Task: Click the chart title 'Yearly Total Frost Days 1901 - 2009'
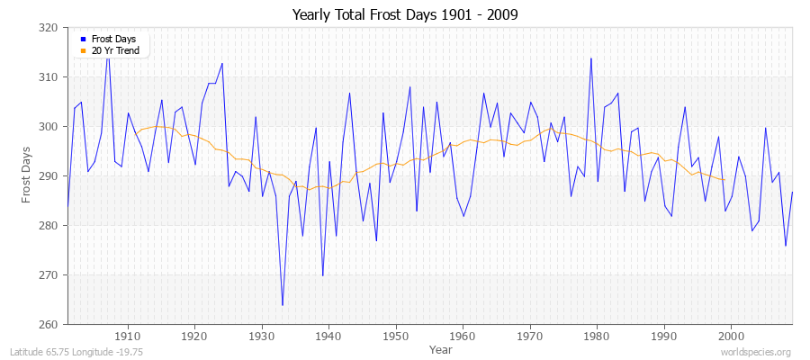tap(405, 15)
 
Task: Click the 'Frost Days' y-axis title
tap(28, 176)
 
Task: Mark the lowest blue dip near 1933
tap(283, 305)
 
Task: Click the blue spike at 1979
tap(590, 58)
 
